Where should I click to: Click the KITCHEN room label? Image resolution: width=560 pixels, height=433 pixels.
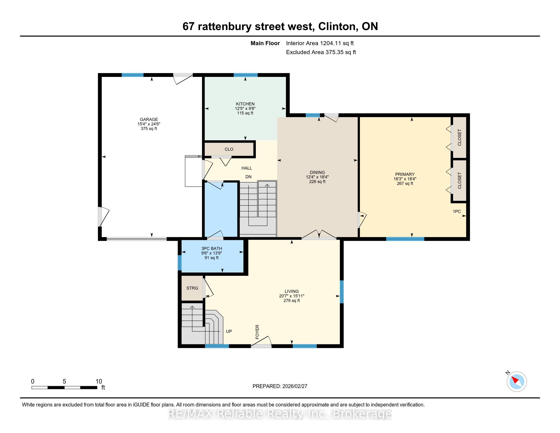(x=245, y=104)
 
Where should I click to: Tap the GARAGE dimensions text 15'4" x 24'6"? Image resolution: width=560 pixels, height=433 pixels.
(x=149, y=124)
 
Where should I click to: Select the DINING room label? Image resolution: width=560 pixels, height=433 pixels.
(x=317, y=172)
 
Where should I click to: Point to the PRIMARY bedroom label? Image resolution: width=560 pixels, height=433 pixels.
(x=405, y=174)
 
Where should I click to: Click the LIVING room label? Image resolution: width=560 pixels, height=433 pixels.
(x=291, y=291)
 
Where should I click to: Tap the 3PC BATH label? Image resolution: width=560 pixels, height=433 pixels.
(x=212, y=249)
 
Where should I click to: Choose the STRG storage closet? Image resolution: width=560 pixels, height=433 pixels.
(x=192, y=288)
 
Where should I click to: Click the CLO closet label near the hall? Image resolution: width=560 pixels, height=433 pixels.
(x=229, y=149)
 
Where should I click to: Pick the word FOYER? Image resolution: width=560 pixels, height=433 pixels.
(x=257, y=332)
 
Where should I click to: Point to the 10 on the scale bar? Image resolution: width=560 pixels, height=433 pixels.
(x=99, y=382)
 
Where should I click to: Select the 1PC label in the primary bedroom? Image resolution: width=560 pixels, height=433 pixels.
(x=457, y=212)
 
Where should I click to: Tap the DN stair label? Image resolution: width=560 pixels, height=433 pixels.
(x=248, y=177)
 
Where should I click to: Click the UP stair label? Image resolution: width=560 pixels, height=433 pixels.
(x=229, y=331)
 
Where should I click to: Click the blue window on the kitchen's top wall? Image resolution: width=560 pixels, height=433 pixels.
(x=245, y=75)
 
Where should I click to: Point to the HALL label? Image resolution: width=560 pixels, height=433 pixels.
(x=247, y=168)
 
